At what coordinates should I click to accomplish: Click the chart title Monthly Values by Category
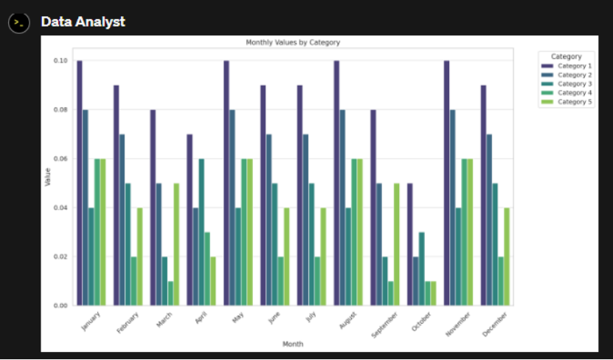[293, 43]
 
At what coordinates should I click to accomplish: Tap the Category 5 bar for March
[176, 244]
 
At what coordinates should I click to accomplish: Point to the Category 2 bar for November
[453, 207]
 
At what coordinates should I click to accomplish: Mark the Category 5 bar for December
[507, 256]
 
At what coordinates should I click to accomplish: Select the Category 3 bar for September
[385, 280]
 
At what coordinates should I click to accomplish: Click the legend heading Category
[566, 57]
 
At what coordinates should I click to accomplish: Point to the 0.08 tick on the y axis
[60, 110]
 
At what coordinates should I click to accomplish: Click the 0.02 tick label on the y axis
[60, 257]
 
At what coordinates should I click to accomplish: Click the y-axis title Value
[48, 177]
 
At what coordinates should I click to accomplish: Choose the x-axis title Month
[293, 344]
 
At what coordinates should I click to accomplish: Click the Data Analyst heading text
[83, 22]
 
